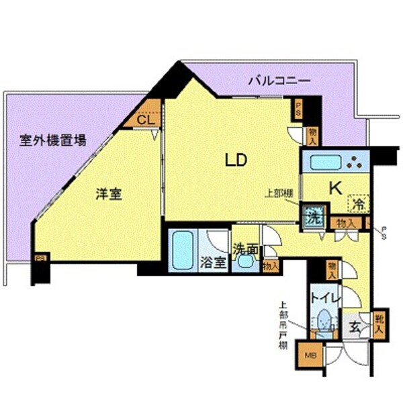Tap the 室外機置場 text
[52, 141]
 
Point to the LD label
[236, 160]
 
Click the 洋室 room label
[107, 195]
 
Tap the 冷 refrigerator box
[359, 201]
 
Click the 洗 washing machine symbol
[312, 217]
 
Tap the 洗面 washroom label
[245, 249]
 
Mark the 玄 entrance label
[354, 329]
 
